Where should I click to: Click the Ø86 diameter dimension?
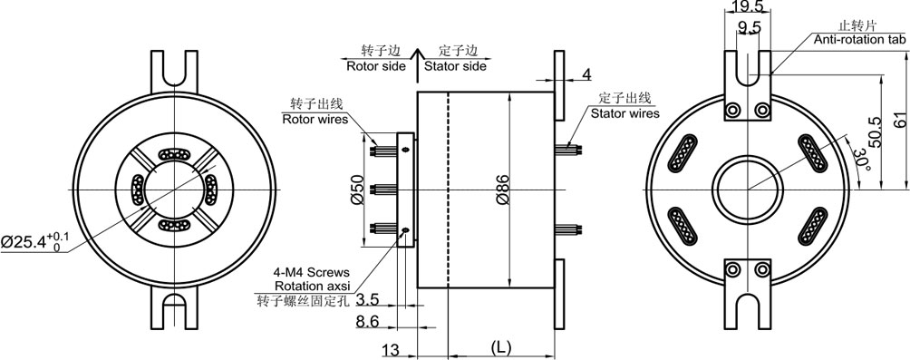click(503, 190)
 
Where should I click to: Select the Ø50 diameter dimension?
click(357, 190)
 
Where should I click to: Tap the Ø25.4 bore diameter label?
click(34, 241)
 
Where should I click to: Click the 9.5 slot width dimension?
click(748, 26)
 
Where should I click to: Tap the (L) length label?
click(500, 348)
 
